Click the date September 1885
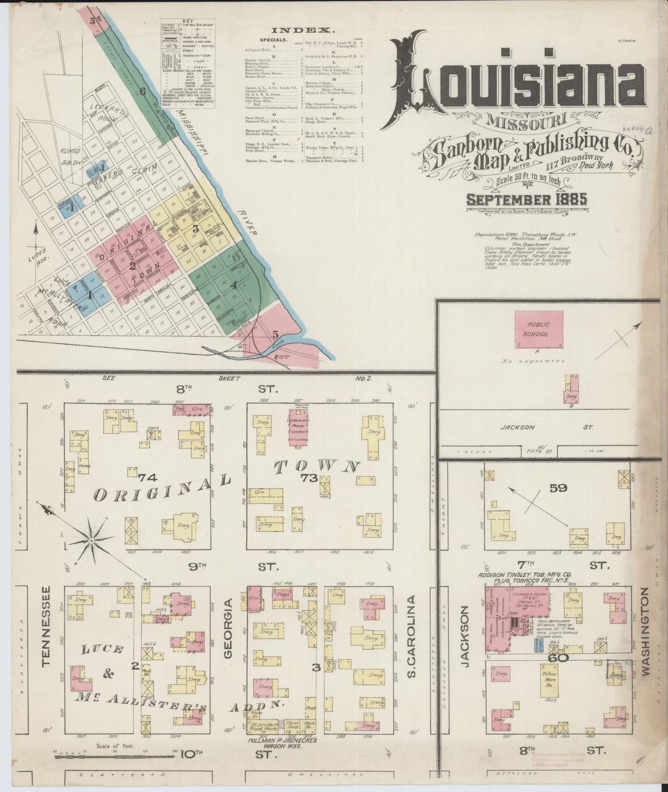527,200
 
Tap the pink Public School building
539,329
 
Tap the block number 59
558,487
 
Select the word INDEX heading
303,30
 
